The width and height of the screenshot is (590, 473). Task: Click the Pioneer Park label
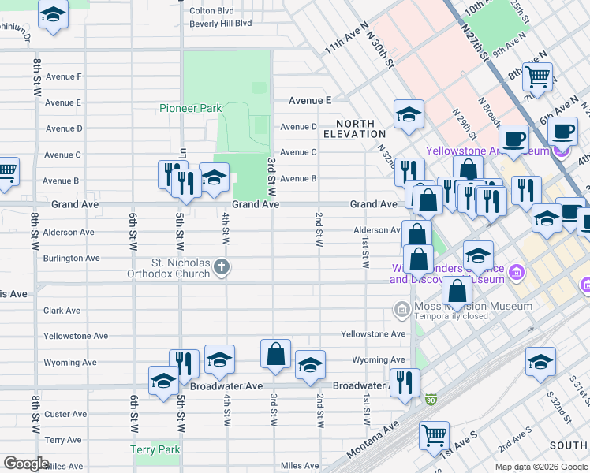[191, 108]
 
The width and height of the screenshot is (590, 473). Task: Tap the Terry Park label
[155, 450]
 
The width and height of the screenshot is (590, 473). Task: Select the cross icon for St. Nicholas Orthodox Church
[222, 268]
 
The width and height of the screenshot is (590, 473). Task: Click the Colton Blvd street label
[211, 11]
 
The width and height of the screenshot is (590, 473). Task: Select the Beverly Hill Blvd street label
[220, 24]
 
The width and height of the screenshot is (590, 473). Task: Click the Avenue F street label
[63, 76]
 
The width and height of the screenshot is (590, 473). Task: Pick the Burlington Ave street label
[71, 258]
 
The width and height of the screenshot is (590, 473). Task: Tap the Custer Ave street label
[65, 414]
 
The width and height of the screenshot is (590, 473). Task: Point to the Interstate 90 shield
[431, 401]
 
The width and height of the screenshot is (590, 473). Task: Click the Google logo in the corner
[26, 464]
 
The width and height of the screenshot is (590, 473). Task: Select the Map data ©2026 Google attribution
[541, 467]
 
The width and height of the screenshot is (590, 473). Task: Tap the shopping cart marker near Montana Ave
[434, 434]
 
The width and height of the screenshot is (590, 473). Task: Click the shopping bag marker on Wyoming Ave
[276, 355]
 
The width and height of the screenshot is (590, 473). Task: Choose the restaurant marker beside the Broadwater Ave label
[405, 383]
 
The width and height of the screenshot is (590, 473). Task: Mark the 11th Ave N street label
[346, 37]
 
